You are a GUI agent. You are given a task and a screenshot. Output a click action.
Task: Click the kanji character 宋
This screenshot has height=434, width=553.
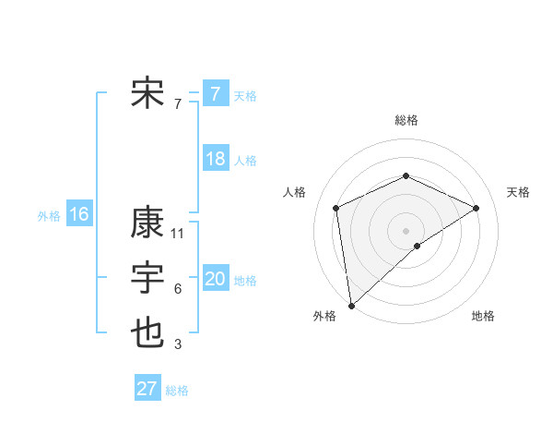[147, 94]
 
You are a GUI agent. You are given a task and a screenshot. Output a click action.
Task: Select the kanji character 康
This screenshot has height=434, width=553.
[147, 223]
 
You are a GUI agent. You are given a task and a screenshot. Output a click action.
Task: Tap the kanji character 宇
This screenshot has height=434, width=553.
[147, 279]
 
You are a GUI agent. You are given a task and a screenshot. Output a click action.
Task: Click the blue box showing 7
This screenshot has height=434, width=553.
[215, 94]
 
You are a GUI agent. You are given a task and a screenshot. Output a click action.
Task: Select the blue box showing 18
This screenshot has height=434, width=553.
[215, 159]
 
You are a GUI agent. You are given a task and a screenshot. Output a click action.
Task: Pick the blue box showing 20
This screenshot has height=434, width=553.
[215, 279]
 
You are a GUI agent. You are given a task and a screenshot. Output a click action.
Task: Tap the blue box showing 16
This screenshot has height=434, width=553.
[79, 214]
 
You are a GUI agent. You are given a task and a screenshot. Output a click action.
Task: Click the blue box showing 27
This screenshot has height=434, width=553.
[147, 388]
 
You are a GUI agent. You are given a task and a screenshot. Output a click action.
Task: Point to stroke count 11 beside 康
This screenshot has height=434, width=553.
[179, 234]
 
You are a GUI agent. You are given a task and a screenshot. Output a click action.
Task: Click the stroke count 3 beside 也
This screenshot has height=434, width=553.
[178, 345]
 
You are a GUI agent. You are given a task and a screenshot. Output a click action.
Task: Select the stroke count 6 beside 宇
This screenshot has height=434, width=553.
[178, 289]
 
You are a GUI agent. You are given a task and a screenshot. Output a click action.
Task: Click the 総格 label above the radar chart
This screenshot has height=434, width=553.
[406, 120]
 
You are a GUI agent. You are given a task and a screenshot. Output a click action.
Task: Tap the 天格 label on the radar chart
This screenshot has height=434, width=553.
[518, 192]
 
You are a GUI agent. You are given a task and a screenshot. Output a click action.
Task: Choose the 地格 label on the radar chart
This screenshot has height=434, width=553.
[483, 316]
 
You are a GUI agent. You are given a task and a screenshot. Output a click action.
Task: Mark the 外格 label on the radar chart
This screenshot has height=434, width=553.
[324, 316]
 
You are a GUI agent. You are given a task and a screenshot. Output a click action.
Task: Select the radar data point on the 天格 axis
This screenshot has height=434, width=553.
[477, 208]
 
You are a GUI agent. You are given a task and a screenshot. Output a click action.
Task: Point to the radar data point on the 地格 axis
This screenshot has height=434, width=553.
[418, 246]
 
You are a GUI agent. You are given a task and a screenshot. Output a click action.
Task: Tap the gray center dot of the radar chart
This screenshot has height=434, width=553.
[406, 230]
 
